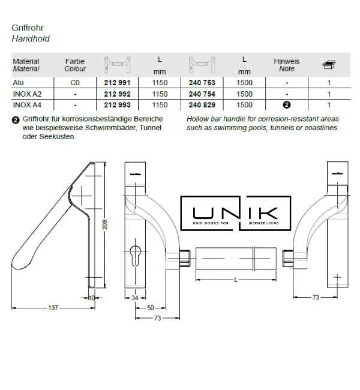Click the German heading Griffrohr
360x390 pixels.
[28, 28]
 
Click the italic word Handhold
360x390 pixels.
[31, 38]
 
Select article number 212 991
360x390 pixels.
[118, 83]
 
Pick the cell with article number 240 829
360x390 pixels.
[202, 104]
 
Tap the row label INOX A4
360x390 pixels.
[26, 104]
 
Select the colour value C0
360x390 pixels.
[75, 83]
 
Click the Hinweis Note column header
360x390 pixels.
[286, 65]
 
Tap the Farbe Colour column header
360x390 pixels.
[75, 65]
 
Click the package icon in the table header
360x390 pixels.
[328, 64]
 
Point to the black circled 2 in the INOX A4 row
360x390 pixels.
[287, 104]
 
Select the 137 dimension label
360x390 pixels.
[53, 308]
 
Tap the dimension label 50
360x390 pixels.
[151, 307]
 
